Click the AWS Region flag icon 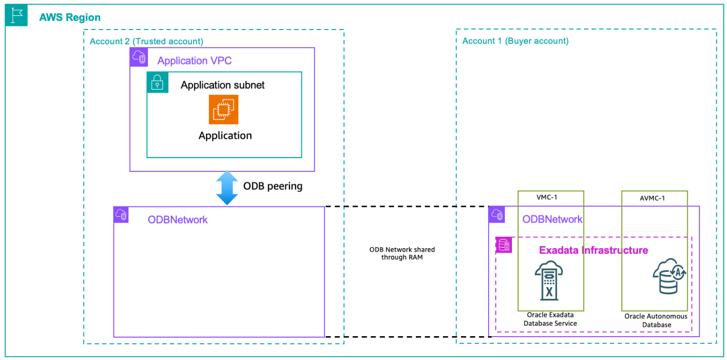tap(17, 16)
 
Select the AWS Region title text tap(70, 17)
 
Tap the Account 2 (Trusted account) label tap(146, 41)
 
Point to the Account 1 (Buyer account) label tap(515, 41)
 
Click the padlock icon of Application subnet tap(158, 82)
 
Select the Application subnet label tap(223, 85)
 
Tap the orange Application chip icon tap(223, 109)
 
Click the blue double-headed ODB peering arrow tap(227, 187)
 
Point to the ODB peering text tap(272, 186)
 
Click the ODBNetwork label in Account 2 tap(177, 220)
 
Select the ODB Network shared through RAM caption tap(402, 253)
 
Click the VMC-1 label tap(551, 197)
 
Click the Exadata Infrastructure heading tap(593, 250)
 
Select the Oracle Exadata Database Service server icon tap(549, 282)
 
